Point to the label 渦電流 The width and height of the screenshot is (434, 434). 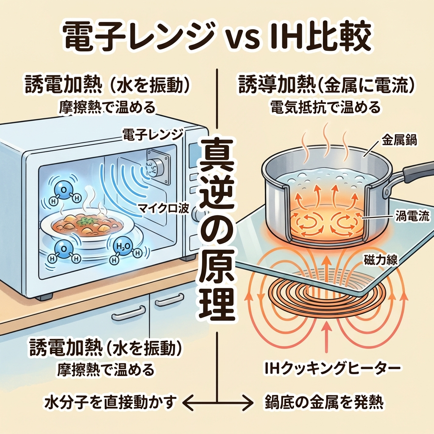[411, 217]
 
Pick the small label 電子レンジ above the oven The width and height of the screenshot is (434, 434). [153, 135]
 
